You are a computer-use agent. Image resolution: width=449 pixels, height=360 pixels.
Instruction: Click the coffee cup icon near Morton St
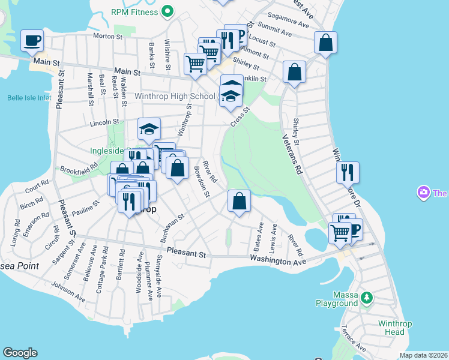[x=32, y=41]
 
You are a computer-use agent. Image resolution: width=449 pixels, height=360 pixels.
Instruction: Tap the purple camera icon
[x=424, y=193]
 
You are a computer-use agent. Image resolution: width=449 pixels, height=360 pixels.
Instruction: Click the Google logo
[x=20, y=353]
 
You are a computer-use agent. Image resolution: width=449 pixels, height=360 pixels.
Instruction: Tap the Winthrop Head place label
[x=391, y=328]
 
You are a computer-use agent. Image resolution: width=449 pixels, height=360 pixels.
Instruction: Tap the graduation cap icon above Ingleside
[x=149, y=128]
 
